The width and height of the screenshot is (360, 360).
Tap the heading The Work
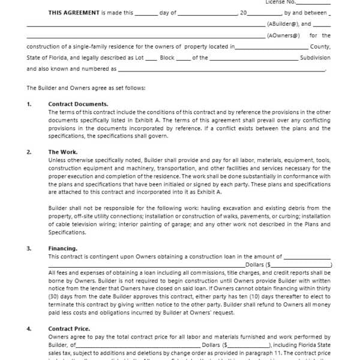point(62,152)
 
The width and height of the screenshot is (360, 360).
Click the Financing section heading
point(62,248)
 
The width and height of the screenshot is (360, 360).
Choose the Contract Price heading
point(69,329)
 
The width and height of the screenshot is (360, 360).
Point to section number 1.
point(29,104)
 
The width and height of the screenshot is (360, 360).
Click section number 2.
point(29,152)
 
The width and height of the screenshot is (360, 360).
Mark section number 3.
point(29,248)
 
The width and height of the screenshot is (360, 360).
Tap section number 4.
point(29,329)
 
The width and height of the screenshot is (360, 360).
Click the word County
point(320,47)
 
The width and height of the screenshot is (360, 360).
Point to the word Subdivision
point(316,58)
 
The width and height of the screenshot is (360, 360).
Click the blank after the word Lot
point(152,58)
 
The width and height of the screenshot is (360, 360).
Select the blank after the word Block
point(184,58)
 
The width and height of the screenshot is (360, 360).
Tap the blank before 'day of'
point(147,13)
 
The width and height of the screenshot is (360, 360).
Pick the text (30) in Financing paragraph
point(54,288)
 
